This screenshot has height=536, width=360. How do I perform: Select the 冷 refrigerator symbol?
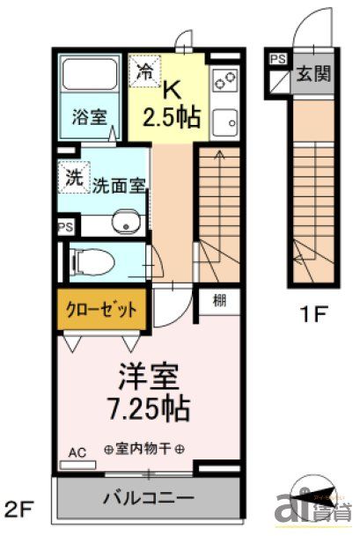[x=143, y=72]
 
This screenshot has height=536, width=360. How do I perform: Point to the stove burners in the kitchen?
[x=224, y=82]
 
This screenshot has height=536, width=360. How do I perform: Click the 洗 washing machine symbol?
[x=73, y=176]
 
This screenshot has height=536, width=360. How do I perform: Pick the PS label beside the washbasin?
[x=64, y=225]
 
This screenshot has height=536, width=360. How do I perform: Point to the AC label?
[x=77, y=453]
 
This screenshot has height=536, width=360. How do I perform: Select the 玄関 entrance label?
[x=314, y=73]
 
